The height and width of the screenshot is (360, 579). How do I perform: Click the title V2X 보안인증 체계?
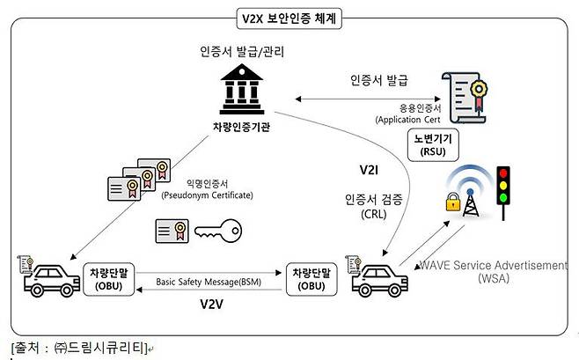click(x=290, y=16)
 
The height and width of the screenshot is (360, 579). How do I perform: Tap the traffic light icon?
click(x=505, y=189)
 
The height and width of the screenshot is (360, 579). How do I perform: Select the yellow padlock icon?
click(x=452, y=204)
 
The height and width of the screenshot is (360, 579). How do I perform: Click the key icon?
click(x=220, y=231)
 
